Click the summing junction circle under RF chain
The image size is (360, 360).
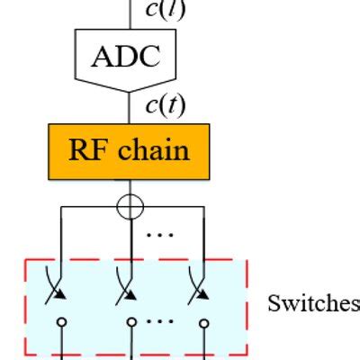[131, 206]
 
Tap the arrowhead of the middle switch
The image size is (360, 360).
[131, 293]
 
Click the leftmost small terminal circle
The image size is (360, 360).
[60, 321]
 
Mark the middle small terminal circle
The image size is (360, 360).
[131, 321]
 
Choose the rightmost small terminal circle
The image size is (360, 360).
[204, 321]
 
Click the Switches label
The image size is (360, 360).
[312, 304]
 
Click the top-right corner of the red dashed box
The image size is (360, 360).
[247, 261]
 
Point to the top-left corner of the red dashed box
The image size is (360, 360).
[25, 261]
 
